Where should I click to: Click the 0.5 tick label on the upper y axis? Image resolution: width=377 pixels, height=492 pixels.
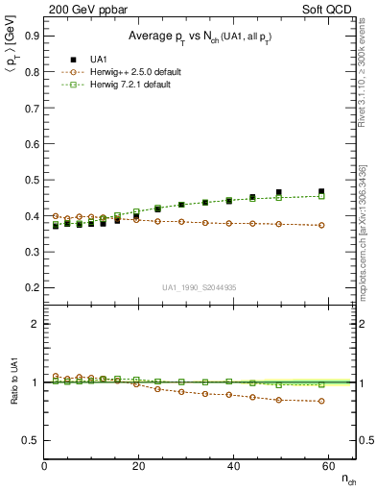(x=31, y=180)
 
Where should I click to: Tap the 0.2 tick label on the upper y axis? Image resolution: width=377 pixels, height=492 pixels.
(x=31, y=287)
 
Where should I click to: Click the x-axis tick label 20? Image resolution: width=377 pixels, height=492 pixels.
(x=138, y=468)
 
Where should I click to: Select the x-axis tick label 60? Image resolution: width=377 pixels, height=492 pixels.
(x=327, y=468)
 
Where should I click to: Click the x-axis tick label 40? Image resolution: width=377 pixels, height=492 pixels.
(x=233, y=468)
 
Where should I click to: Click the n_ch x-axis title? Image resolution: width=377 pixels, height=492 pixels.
(x=346, y=478)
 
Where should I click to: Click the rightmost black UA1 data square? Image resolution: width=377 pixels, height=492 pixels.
(x=321, y=191)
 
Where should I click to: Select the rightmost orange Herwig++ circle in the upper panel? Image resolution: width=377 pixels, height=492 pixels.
(x=321, y=225)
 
